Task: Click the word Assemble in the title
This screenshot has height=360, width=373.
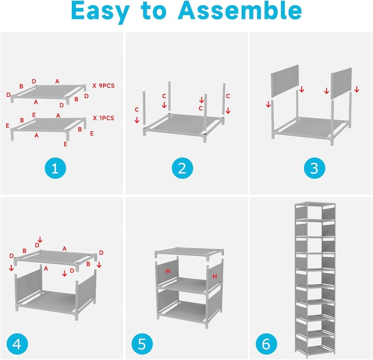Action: tap(240, 11)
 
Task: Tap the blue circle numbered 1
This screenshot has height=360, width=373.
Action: tap(55, 168)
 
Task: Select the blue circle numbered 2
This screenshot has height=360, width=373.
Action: tap(182, 168)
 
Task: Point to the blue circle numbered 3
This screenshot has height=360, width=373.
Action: tap(314, 168)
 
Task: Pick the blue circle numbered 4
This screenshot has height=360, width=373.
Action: tap(17, 344)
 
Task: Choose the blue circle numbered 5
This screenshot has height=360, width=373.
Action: tap(142, 344)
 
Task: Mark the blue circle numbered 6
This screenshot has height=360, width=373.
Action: tap(266, 344)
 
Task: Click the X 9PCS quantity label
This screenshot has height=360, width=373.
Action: tap(104, 86)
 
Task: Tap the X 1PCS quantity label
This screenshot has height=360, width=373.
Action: tap(104, 118)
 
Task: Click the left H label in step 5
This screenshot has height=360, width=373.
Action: tap(168, 271)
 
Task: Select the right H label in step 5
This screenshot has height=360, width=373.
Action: tap(215, 276)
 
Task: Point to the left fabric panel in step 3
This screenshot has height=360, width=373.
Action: tap(285, 81)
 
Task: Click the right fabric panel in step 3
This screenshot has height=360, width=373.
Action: tap(341, 84)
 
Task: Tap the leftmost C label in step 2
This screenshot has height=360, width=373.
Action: tap(137, 109)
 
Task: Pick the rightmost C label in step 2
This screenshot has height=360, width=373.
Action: tap(228, 96)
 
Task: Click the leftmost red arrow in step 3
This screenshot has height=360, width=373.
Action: tap(269, 104)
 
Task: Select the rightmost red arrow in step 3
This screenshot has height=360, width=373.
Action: tap(357, 89)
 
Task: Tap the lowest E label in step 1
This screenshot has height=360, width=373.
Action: tap(65, 144)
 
